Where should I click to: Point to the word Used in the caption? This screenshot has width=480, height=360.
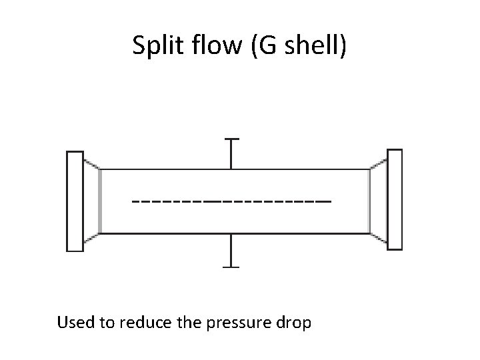click(x=73, y=323)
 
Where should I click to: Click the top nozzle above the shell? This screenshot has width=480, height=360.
click(x=231, y=154)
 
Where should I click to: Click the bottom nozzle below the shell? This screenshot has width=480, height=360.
click(x=231, y=250)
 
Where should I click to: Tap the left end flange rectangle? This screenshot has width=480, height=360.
click(x=75, y=201)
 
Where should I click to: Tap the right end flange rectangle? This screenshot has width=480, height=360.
click(x=395, y=199)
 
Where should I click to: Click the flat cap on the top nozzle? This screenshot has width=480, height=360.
click(x=231, y=139)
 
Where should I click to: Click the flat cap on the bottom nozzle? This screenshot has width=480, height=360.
click(x=231, y=266)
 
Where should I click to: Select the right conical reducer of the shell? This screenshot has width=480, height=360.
click(x=379, y=199)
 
